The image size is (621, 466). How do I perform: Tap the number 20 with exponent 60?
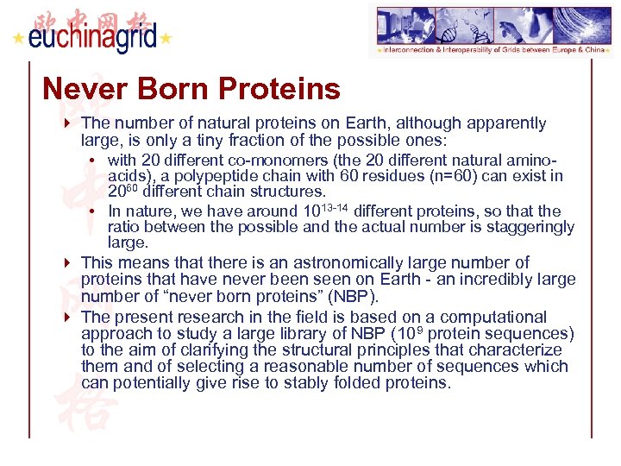click(123, 192)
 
